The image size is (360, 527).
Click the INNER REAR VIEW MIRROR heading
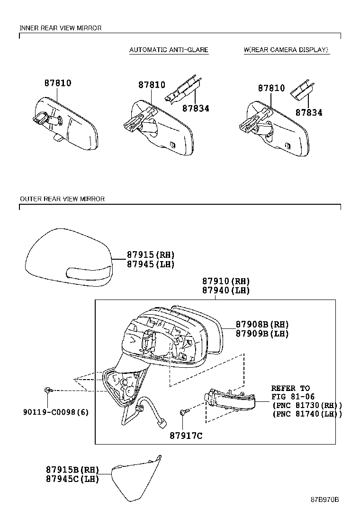coord(60,28)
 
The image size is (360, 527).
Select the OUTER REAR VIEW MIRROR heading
coord(62,199)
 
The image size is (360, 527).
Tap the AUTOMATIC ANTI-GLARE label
coord(169,50)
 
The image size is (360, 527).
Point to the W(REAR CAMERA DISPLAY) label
coord(286,50)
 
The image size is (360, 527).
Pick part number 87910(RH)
coord(226,281)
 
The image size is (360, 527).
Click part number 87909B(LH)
coord(262,334)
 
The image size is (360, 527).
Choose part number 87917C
coord(186,436)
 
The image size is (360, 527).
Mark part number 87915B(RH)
coord(72,470)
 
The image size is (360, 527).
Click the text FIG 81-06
coord(293,397)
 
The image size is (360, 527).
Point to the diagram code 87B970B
coord(324,500)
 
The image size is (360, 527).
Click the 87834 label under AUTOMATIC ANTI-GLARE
coord(196,109)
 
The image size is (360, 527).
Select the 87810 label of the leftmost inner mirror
coord(58,83)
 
